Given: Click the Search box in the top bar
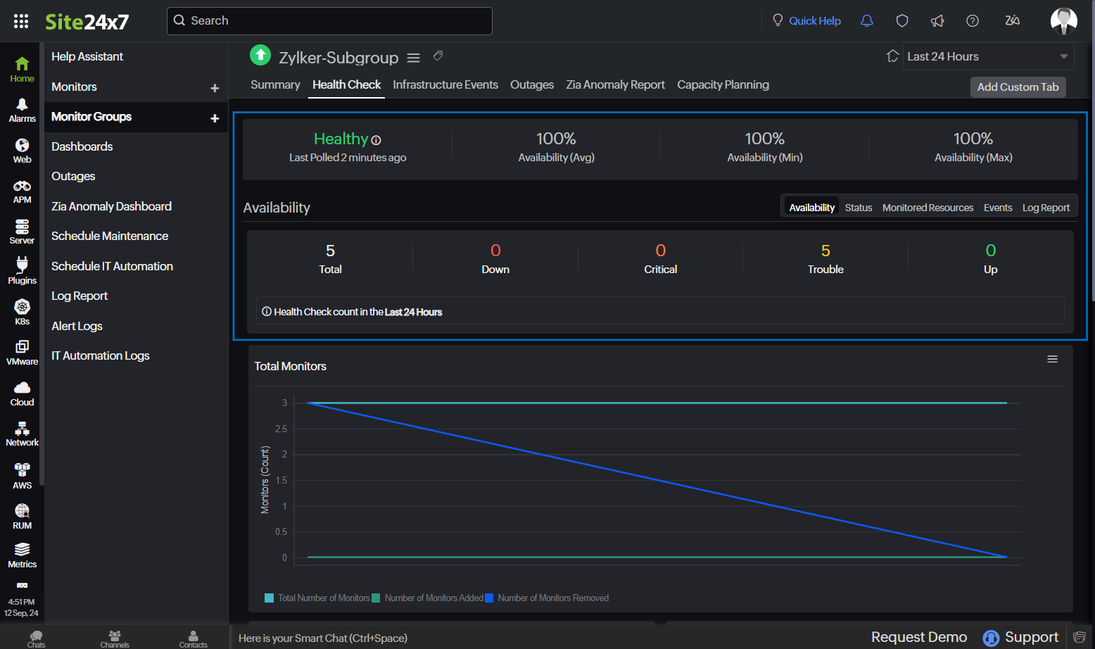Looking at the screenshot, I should (329, 21).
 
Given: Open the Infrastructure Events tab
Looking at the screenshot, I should (445, 85).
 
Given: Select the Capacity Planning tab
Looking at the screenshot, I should (723, 85).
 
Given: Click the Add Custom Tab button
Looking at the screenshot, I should (1018, 87).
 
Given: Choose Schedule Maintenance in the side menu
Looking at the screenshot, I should (110, 237).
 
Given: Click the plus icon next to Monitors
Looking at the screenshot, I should (215, 88).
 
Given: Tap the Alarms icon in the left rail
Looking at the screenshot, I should (22, 110).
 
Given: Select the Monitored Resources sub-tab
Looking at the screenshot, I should (928, 208).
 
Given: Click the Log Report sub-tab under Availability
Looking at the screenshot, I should (1046, 208).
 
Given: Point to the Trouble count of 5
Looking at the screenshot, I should (825, 251).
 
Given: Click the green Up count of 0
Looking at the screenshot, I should (990, 251).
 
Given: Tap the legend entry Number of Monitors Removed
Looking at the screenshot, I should (552, 598).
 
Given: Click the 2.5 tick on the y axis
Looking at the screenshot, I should (281, 429).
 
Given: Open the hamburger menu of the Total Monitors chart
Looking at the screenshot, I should (1052, 360).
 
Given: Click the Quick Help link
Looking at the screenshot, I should (814, 21).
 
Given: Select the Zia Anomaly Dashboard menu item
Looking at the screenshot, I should (111, 207).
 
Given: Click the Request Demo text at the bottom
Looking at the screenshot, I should (918, 637).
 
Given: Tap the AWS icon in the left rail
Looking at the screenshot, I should (22, 476).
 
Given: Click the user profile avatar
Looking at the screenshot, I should (1063, 20).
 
